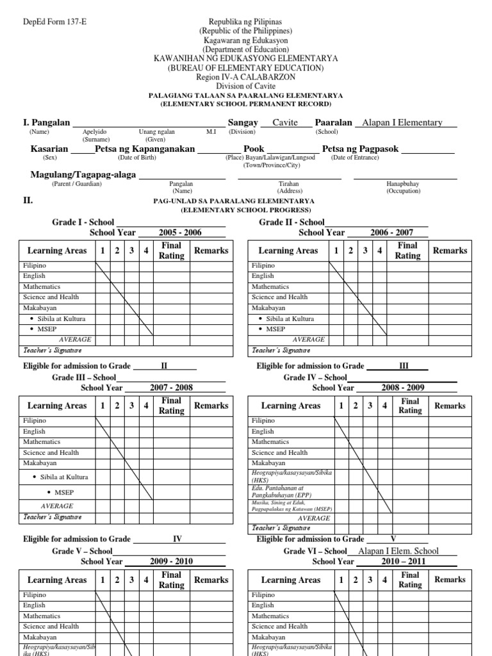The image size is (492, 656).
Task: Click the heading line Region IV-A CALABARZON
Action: [x=245, y=77]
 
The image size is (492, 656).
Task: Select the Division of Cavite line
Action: [x=245, y=86]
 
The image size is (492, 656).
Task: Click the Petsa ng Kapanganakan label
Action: [x=145, y=149]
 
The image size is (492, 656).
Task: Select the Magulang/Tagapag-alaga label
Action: [x=83, y=174]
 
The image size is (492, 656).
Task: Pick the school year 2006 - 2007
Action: [x=391, y=233]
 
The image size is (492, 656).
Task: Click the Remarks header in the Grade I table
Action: [x=211, y=250]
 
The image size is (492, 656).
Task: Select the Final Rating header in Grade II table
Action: [x=407, y=250]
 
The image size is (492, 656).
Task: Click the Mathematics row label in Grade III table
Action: [x=42, y=442]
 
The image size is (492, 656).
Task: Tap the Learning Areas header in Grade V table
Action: [x=58, y=580]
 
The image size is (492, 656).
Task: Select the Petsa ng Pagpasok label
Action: [x=360, y=149]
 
